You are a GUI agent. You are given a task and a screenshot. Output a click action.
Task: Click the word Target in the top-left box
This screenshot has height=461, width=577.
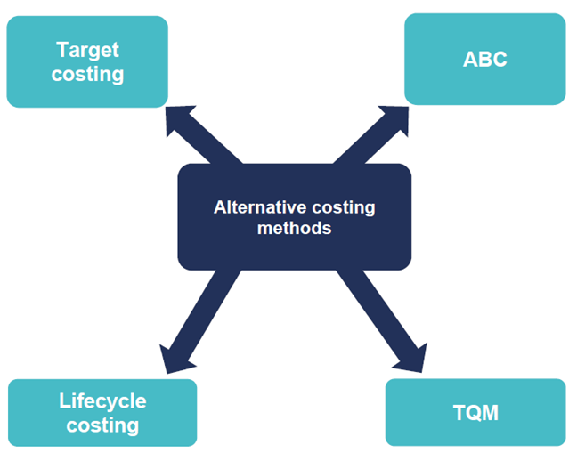[x=87, y=50]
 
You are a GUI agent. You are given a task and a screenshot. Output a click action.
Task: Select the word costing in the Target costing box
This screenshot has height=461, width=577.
[x=87, y=74]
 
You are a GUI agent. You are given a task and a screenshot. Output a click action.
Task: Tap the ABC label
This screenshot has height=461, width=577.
[x=485, y=61]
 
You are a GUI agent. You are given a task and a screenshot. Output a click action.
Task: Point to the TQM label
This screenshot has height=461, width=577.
[x=475, y=413]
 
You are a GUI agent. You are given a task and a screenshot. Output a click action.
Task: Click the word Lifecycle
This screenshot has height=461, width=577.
[x=102, y=401]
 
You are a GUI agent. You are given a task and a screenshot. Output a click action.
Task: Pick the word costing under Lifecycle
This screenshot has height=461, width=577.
[x=102, y=425]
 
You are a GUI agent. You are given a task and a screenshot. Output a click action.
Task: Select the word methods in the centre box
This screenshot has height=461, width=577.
[x=294, y=228]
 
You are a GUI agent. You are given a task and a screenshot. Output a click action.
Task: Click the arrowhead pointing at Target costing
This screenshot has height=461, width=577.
[x=179, y=118]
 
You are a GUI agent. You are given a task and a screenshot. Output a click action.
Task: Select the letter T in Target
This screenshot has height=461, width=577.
[x=61, y=50]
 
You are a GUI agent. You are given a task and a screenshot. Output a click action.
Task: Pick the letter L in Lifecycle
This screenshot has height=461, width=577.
[x=64, y=401]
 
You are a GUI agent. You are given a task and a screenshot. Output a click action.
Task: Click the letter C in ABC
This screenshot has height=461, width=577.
[x=500, y=61]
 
